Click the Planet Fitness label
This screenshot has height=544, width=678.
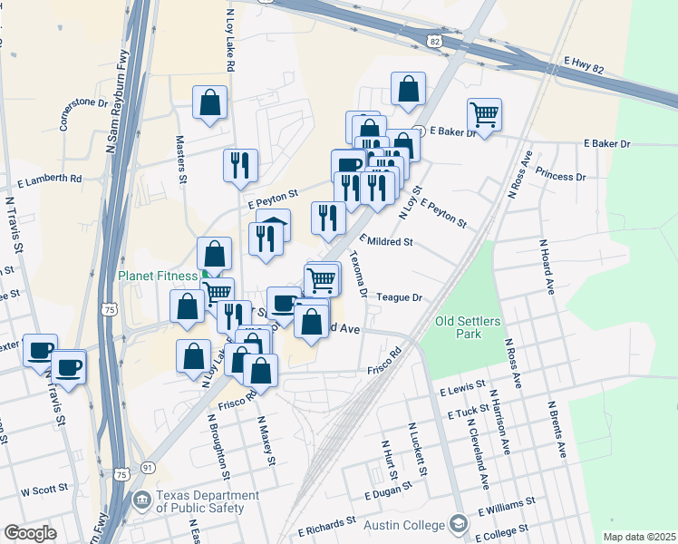click(x=156, y=277)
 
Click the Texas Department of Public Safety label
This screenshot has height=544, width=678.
click(x=199, y=501)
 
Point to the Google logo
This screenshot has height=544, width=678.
click(x=29, y=533)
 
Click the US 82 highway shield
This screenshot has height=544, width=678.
click(x=436, y=42)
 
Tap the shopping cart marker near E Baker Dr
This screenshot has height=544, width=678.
click(x=485, y=115)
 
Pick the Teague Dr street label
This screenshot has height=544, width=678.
click(x=400, y=297)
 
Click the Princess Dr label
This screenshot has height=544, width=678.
click(x=560, y=175)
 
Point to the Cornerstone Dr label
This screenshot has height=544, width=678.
click(x=77, y=114)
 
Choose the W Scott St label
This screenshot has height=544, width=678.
click(x=44, y=490)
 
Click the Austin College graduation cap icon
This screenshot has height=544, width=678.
click(x=459, y=524)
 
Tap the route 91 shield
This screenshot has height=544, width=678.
click(x=147, y=468)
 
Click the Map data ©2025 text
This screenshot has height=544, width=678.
click(x=639, y=537)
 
